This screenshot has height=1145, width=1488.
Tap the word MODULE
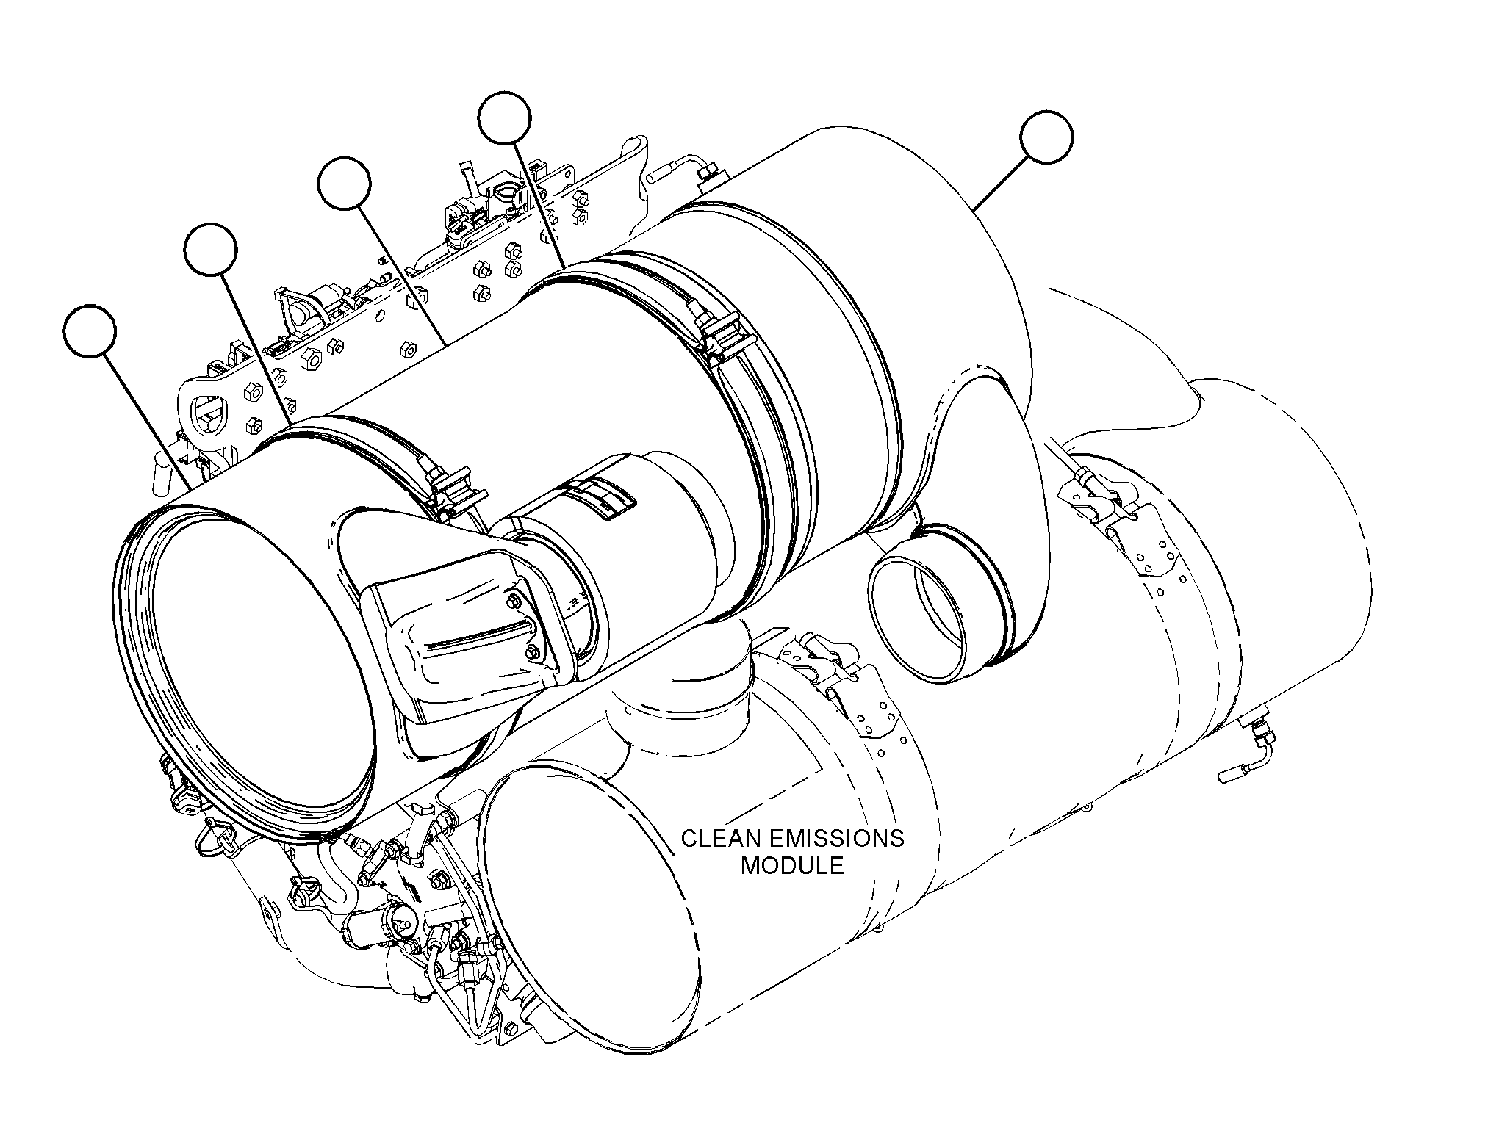pos(792,865)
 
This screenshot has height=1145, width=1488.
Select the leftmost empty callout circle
pos(90,331)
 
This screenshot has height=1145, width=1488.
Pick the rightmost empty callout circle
pos(1046,137)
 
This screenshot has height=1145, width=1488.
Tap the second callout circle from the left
pos(211,250)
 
